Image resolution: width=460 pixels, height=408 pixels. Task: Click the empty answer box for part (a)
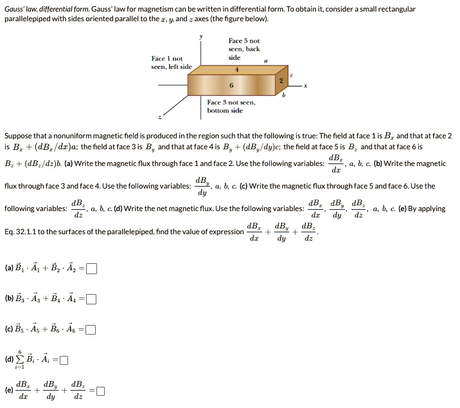click(93, 269)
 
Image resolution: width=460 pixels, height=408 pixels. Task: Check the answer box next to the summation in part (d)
click(64, 360)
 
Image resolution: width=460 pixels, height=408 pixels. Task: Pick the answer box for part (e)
click(100, 390)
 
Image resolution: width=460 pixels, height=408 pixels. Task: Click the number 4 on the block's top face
click(236, 70)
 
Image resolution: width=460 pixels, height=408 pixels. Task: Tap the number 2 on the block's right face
click(280, 80)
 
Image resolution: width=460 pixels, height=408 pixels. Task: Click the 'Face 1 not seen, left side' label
click(172, 62)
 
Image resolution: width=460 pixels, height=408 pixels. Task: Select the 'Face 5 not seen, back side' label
click(244, 49)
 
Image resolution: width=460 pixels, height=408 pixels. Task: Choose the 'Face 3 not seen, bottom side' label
click(231, 106)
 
